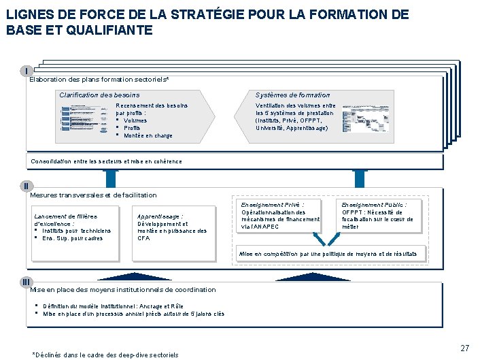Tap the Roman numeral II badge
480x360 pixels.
pos(25,186)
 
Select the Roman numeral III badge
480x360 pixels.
pos(25,282)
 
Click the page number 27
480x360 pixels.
pos(464,348)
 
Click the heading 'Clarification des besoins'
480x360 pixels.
pos(99,95)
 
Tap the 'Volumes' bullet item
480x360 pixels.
pos(135,120)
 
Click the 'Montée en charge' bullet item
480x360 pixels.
pos(148,135)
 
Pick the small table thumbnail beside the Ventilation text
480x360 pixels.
pos(365,118)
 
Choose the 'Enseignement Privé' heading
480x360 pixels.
pos(273,204)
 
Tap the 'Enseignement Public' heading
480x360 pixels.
pos(374,204)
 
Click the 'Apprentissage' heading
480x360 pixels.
pos(160,216)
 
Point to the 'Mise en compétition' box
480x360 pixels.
pos(332,253)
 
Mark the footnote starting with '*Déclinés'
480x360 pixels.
pos(105,355)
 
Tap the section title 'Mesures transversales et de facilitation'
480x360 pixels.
pos(93,195)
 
